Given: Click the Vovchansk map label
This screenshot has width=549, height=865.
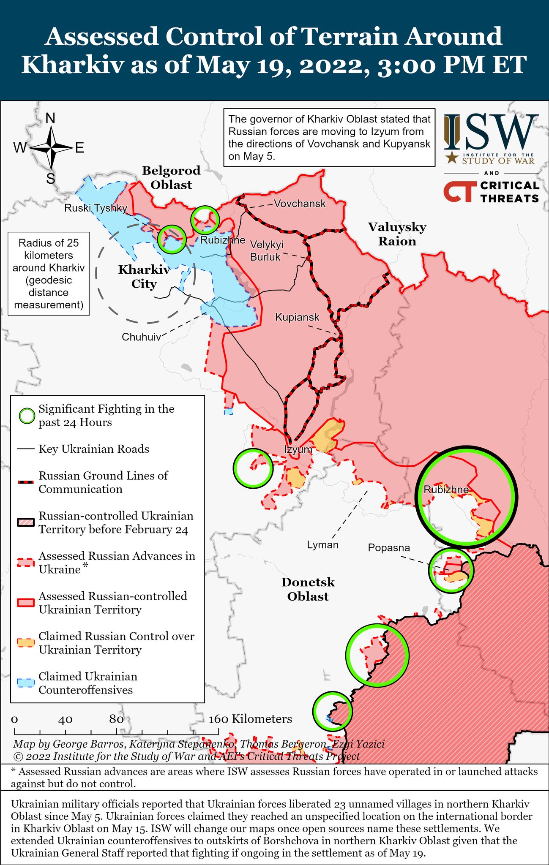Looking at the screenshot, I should pos(300,204).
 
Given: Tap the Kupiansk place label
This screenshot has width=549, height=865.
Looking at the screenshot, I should pos(297,317).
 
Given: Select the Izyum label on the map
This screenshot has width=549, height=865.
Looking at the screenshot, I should pos(298,449).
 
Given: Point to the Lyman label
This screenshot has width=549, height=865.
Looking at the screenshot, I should pos(322,545).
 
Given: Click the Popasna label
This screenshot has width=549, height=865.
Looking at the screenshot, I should pos(389,548).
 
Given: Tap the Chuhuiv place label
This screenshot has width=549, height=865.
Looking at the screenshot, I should pos(141,337).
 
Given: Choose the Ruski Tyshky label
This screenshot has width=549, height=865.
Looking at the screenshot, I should pos(96,208).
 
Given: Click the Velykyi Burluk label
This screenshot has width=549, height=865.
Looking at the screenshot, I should pos(266,250).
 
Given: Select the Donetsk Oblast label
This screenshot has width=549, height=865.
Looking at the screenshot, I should pos(308,589).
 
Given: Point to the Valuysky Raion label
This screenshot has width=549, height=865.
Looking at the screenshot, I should pos(397,234).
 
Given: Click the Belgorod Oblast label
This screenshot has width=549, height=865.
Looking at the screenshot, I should pos(171,177).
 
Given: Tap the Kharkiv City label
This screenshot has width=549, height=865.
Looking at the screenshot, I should pos(144,277).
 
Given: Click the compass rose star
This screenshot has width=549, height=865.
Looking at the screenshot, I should pos(51,147).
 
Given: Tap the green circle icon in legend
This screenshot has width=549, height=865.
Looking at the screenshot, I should pos(27,416).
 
